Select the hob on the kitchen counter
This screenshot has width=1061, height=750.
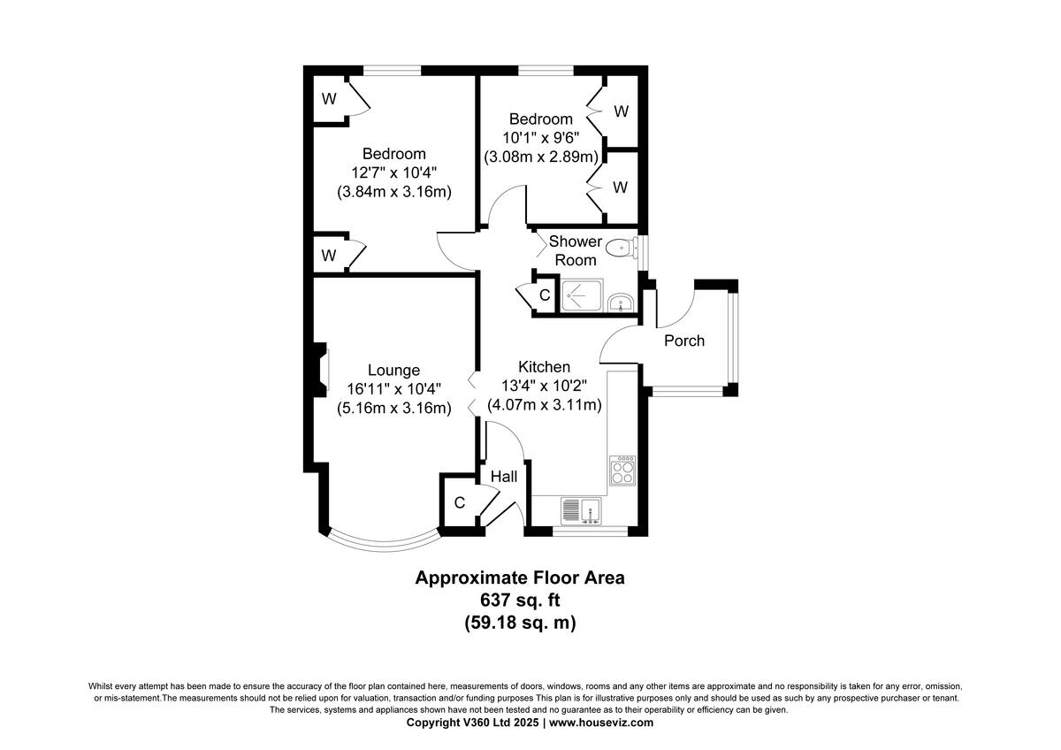622,470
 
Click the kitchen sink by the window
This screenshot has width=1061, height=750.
581,510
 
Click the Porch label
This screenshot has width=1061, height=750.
684,341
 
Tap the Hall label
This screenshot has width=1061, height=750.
504,477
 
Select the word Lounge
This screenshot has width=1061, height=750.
393,371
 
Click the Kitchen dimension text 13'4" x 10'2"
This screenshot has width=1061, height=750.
544,386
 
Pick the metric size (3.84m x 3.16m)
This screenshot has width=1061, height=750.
393,191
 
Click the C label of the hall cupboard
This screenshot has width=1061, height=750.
459,502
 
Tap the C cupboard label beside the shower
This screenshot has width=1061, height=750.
545,295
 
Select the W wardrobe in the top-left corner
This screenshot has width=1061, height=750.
329,99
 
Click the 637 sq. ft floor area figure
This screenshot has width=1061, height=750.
520,601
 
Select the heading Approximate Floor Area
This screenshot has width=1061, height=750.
520,578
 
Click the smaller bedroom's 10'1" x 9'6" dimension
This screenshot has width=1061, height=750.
540,138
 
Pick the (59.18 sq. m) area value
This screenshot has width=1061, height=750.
520,623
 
